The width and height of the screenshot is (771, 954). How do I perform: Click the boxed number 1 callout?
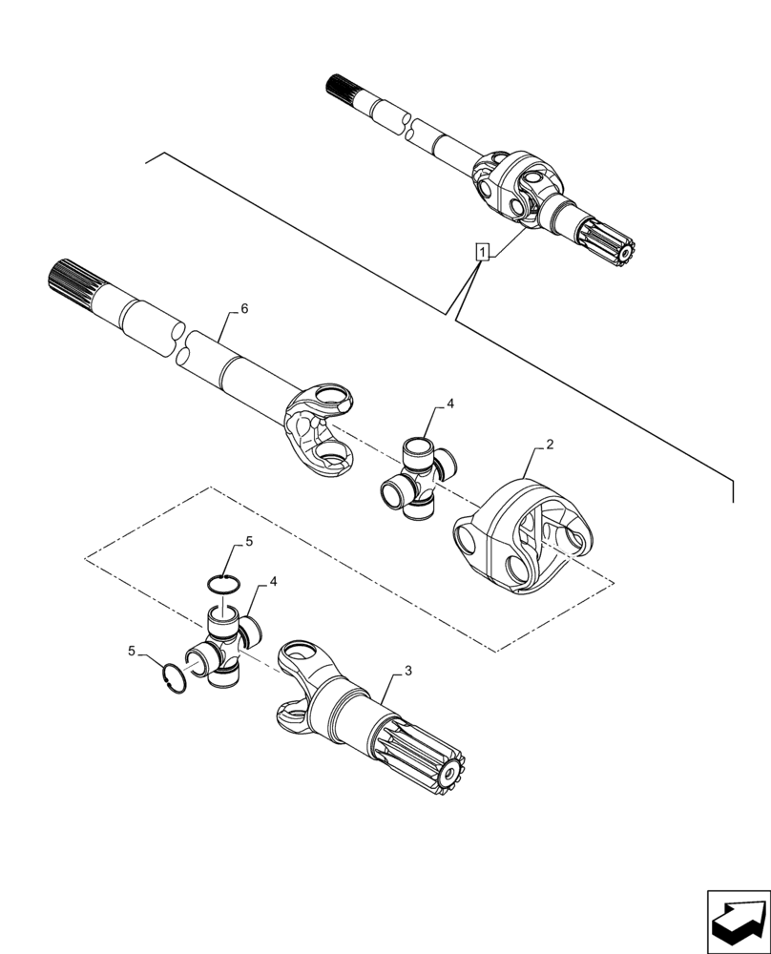click(484, 253)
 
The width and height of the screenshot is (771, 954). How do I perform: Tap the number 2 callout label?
click(551, 446)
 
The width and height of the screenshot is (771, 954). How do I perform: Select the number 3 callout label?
click(407, 672)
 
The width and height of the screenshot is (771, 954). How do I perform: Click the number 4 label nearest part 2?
click(450, 404)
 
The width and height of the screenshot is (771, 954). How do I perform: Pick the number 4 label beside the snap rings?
click(273, 581)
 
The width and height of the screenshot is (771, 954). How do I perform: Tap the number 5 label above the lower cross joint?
click(249, 541)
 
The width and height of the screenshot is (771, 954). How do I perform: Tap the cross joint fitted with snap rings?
click(225, 649)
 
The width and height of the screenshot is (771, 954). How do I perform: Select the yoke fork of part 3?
click(303, 687)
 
